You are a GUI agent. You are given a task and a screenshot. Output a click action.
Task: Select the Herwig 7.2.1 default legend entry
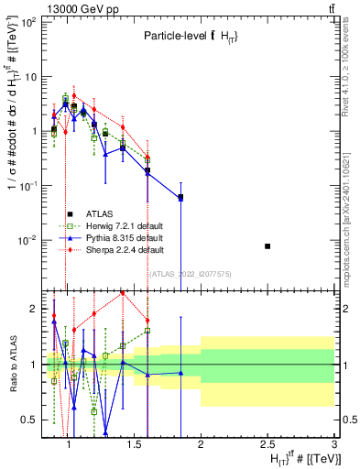click(117, 225)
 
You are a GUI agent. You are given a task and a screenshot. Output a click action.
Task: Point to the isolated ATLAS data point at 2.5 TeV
click(267, 246)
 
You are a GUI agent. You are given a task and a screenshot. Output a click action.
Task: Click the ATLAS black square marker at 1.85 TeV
click(180, 197)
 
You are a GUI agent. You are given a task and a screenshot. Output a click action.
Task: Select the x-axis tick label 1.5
click(132, 444)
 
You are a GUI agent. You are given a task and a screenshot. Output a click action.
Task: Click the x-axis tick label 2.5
click(267, 444)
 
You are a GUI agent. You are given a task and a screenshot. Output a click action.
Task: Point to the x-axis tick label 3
click(334, 444)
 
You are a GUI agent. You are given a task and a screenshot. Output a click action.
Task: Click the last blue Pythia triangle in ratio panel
click(180, 373)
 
